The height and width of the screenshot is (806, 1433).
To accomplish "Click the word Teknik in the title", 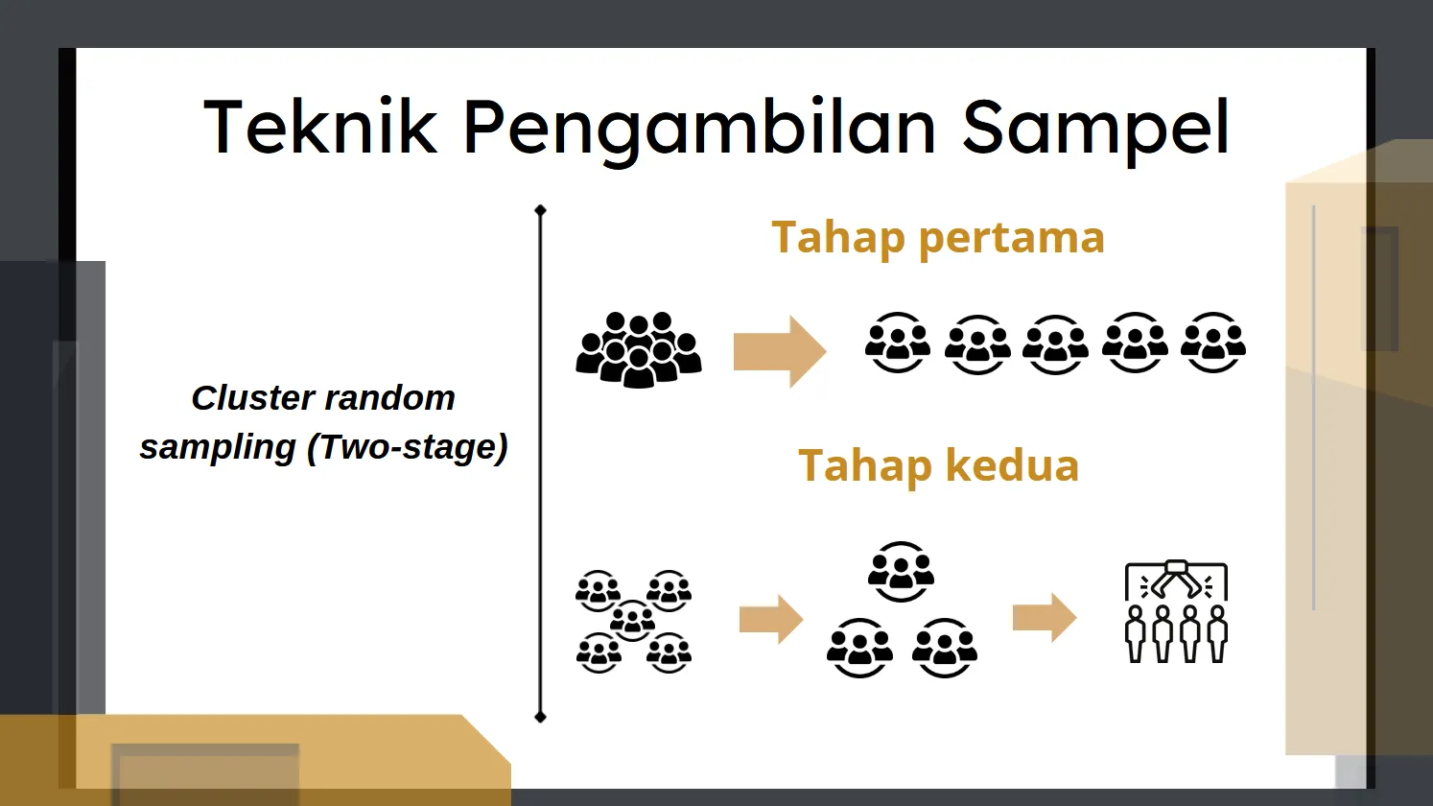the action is click(x=320, y=127).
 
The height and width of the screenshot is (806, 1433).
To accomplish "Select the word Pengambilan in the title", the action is click(x=700, y=130).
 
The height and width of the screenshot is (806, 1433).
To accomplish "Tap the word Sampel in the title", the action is click(x=1095, y=130).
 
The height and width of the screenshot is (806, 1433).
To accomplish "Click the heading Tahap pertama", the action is click(x=938, y=239).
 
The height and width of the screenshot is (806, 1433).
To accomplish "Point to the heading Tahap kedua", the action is click(x=938, y=465).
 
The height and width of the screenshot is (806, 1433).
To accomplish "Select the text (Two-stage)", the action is click(x=408, y=447).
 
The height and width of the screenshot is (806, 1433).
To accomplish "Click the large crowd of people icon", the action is click(x=639, y=349).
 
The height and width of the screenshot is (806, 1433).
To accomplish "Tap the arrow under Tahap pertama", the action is click(x=780, y=351).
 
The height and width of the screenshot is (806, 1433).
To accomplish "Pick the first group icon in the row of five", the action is click(x=897, y=343).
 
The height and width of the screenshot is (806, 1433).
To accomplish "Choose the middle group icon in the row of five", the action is click(x=1055, y=344).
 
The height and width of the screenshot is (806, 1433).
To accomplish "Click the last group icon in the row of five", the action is click(x=1213, y=343).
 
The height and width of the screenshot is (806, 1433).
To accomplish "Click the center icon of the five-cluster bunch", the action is click(x=632, y=621).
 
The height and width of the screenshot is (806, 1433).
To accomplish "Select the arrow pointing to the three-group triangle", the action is click(x=771, y=619).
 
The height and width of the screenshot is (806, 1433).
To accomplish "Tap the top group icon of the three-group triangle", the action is click(x=901, y=572).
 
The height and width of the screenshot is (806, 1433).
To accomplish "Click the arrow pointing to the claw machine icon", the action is click(x=1045, y=618).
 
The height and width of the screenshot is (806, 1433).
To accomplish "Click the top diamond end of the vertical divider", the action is click(x=541, y=210).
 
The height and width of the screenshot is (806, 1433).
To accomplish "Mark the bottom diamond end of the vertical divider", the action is click(x=541, y=717).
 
